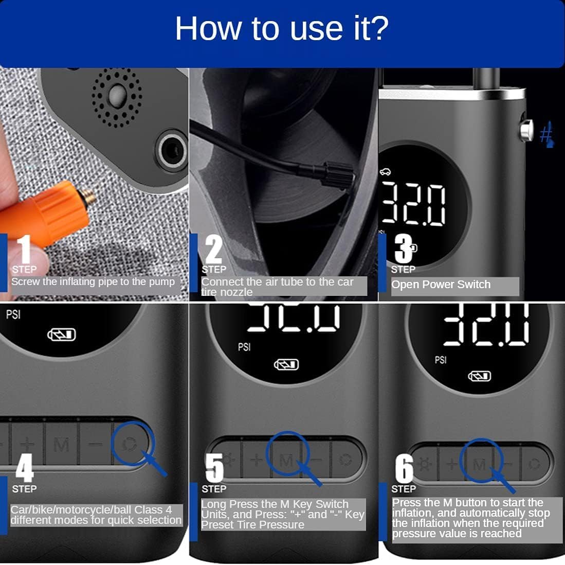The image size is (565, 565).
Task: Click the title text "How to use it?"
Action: [x=282, y=28]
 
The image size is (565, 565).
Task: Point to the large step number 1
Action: [x=25, y=249]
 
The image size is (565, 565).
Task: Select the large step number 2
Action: [x=214, y=249]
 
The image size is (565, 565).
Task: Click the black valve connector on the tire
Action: [x=337, y=174]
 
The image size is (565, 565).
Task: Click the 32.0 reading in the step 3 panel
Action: [x=413, y=204]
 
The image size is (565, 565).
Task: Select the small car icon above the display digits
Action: [x=385, y=172]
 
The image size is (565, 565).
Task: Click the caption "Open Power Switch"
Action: [x=441, y=285]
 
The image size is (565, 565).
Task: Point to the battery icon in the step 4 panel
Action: [x=62, y=335]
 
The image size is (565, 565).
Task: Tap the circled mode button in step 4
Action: [x=130, y=444]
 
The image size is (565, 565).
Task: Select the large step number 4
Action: [x=25, y=468]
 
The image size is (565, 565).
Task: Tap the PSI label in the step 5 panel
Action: [x=244, y=347]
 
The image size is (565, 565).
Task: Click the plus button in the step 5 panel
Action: [x=257, y=460]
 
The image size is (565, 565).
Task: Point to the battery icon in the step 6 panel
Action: [x=479, y=377]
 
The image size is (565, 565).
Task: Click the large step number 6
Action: [x=404, y=468]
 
